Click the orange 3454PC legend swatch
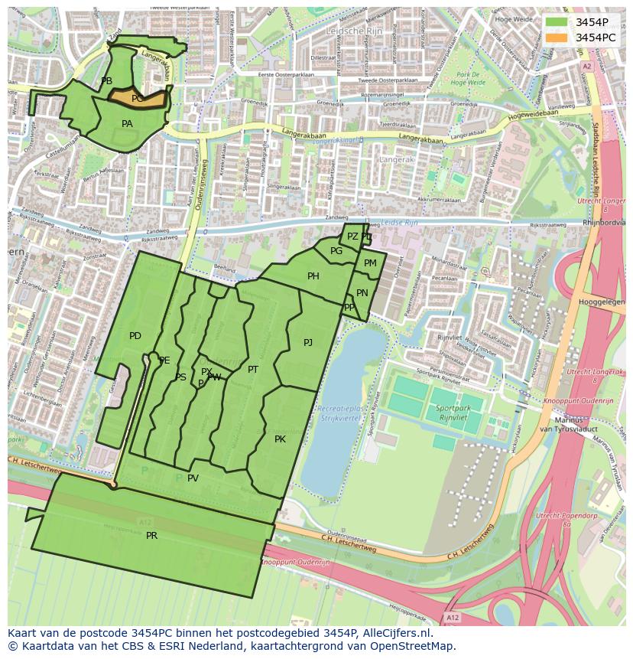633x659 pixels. pyautogui.click(x=557, y=37)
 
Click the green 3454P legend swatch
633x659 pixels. pyautogui.click(x=557, y=21)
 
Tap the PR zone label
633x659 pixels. pyautogui.click(x=151, y=536)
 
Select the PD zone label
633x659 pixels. pyautogui.click(x=135, y=336)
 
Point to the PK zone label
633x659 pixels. pyautogui.click(x=280, y=439)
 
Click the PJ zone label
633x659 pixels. pyautogui.click(x=307, y=343)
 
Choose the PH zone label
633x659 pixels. pyautogui.click(x=313, y=277)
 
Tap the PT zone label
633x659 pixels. pyautogui.click(x=253, y=370)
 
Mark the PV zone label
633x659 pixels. pyautogui.click(x=193, y=478)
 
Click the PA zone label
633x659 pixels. pyautogui.click(x=127, y=124)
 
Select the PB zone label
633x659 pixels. pyautogui.click(x=106, y=81)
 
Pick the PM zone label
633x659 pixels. pyautogui.click(x=370, y=263)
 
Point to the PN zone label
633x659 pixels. pyautogui.click(x=362, y=293)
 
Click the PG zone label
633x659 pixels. pyautogui.click(x=336, y=251)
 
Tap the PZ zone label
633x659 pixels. pyautogui.click(x=352, y=237)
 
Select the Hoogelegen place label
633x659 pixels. pyautogui.click(x=602, y=302)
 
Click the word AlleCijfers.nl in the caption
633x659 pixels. pyautogui.click(x=397, y=634)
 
